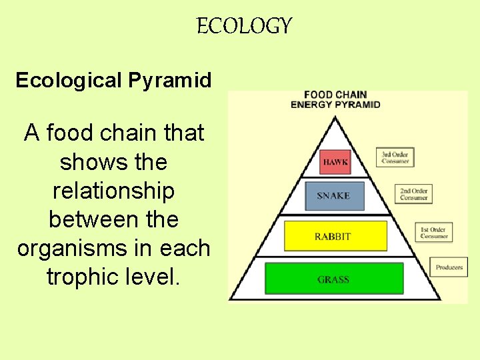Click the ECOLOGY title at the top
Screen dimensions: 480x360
tap(245, 26)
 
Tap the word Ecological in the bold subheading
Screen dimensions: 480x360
tap(69, 81)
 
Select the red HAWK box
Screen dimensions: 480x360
tap(335, 162)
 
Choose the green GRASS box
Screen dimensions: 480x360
tap(334, 279)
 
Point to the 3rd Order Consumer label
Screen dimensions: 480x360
tap(395, 157)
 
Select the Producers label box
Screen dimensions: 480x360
tap(449, 267)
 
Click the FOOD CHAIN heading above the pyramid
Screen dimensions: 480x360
tap(335, 95)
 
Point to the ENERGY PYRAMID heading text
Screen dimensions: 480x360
tap(335, 104)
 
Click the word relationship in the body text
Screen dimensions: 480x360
tap(113, 191)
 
